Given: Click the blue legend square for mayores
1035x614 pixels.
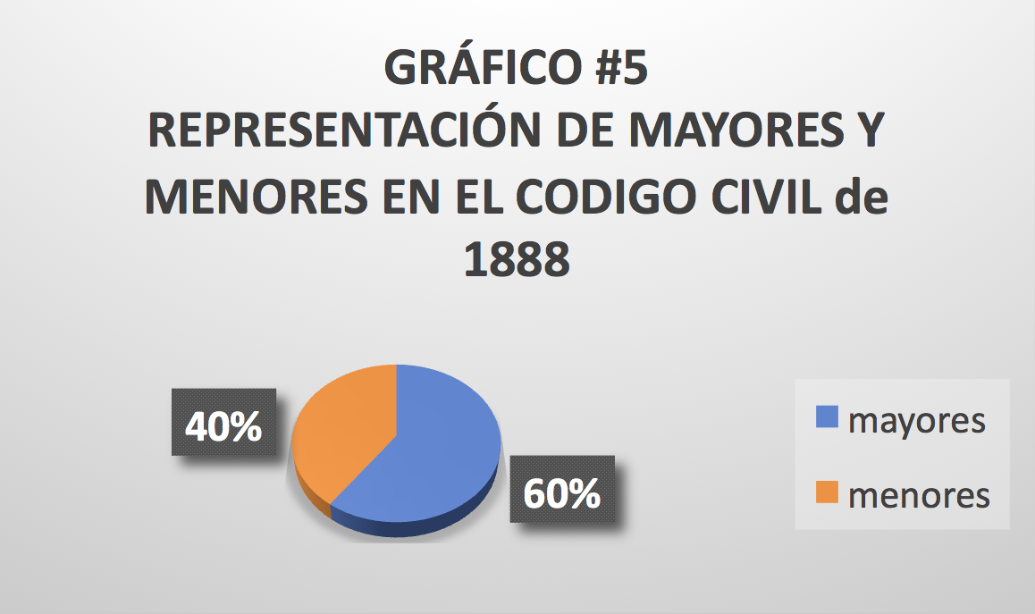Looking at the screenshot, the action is (827, 417).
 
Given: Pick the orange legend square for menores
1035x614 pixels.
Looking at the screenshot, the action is (827, 492).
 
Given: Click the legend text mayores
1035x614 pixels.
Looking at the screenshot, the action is (917, 421).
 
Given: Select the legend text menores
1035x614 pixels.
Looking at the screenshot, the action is (919, 496).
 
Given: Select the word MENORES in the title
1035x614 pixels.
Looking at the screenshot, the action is (257, 196).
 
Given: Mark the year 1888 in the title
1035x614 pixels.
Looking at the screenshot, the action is (517, 259).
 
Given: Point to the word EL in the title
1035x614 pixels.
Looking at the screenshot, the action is (478, 196).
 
